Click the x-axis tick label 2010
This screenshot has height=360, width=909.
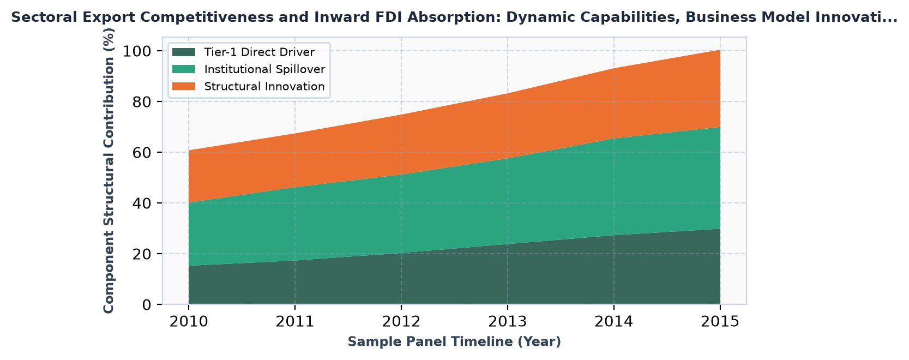(189, 322)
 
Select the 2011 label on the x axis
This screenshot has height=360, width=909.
(295, 322)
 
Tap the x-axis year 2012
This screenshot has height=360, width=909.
(401, 322)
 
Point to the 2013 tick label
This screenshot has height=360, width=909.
(508, 322)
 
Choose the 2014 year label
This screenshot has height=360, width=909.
(614, 322)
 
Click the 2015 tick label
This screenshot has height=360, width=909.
(720, 322)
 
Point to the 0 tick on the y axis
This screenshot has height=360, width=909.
(147, 305)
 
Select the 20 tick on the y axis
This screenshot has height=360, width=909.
(142, 254)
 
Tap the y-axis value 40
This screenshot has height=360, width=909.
(142, 203)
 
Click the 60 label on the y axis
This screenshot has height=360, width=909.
(142, 153)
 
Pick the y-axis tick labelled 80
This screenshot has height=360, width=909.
(142, 102)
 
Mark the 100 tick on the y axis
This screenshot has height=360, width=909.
(137, 51)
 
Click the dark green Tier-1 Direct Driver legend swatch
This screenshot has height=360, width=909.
(184, 52)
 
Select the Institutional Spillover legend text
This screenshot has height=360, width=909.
(264, 69)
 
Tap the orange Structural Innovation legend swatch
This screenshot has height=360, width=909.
(184, 86)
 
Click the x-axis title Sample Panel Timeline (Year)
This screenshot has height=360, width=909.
(455, 342)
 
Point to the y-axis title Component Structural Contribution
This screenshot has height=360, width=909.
(109, 171)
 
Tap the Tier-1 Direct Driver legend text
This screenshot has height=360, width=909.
(260, 52)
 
